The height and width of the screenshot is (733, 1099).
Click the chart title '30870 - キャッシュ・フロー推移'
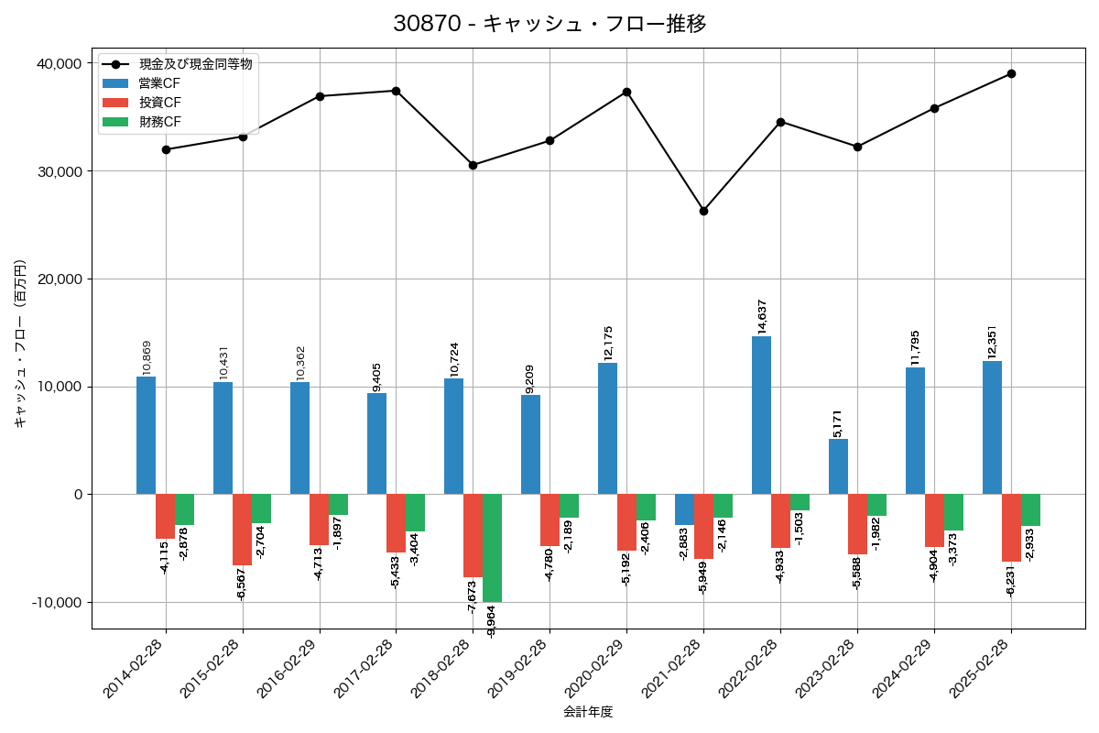coord(549,24)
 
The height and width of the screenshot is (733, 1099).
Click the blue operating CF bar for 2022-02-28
coord(761,415)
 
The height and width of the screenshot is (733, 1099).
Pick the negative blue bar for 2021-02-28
coord(684,509)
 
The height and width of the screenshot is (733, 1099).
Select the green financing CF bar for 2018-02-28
coord(493,548)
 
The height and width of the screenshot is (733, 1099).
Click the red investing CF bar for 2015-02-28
coord(242,530)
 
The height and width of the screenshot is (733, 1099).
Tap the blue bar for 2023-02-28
coord(838,466)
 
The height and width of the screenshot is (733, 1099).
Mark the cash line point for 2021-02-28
coord(703,211)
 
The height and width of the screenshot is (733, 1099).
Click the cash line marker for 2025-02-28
coord(1011,73)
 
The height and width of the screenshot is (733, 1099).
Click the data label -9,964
coord(492,621)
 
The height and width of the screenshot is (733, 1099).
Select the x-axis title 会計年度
coord(588,711)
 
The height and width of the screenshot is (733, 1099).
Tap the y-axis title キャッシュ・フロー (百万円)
coord(20,345)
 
